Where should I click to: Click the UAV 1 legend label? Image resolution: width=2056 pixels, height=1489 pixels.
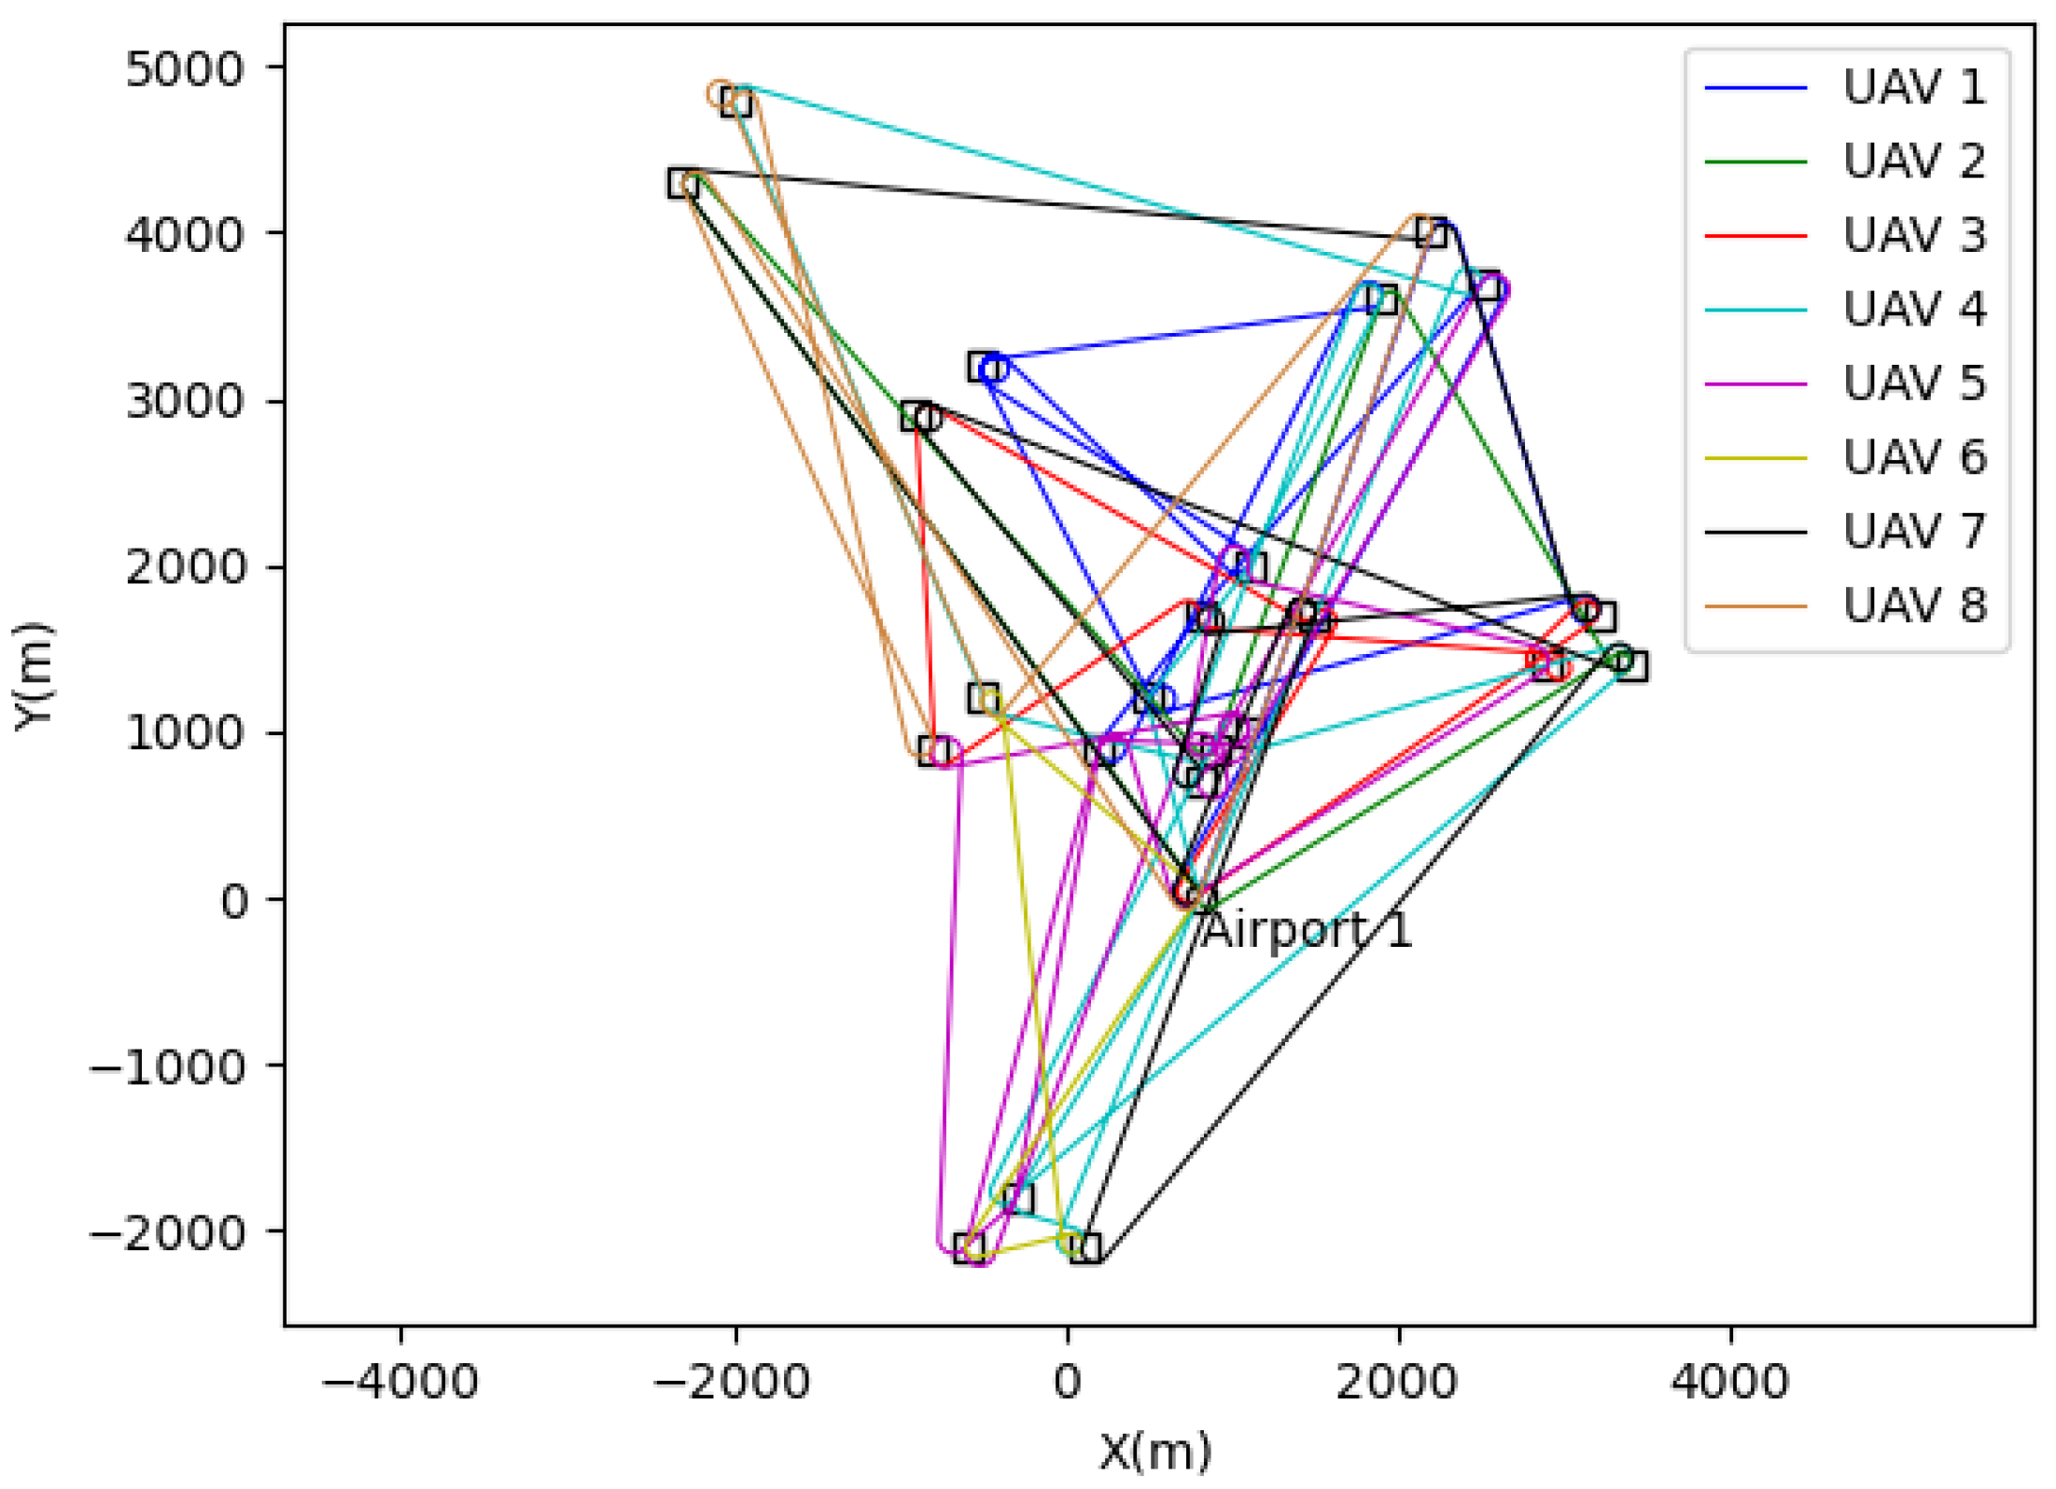[1913, 88]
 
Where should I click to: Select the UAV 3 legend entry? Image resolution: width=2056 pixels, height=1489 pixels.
[1913, 235]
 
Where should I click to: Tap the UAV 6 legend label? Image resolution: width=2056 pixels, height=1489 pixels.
[1913, 458]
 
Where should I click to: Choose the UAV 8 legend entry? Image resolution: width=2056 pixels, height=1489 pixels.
[1913, 606]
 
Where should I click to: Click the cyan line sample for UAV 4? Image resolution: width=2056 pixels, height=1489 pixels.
[1755, 311]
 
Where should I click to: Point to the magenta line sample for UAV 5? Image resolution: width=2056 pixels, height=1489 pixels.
[1755, 384]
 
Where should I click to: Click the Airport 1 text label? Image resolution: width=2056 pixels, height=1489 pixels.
[1307, 931]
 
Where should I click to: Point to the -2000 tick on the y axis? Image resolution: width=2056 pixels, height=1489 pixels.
[168, 1233]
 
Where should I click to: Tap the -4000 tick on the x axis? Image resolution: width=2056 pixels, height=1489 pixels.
[400, 1382]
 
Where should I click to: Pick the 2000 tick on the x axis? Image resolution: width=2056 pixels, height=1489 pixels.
[1397, 1382]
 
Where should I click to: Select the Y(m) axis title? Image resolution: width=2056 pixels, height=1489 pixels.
[35, 676]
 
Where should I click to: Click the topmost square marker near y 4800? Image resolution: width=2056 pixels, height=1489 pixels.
[737, 103]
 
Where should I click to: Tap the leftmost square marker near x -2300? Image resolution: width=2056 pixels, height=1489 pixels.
[682, 183]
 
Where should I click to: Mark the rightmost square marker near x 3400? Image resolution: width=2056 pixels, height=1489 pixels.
[1632, 666]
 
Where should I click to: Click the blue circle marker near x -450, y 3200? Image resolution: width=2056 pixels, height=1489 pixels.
[994, 369]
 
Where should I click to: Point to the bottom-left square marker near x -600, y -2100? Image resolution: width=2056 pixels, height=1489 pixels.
[968, 1248]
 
